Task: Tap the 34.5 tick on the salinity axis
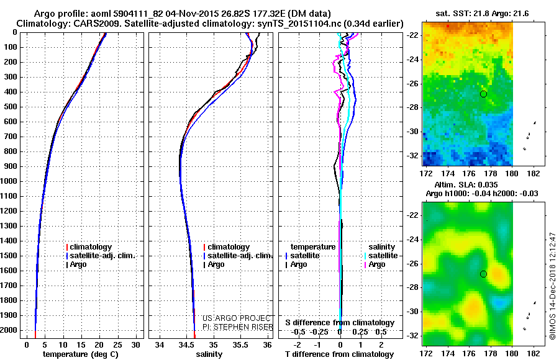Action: [186, 344]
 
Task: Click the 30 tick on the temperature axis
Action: [137, 344]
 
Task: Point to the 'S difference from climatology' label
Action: [339, 323]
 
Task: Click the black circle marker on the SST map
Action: [483, 94]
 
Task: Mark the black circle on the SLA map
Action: [483, 274]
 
